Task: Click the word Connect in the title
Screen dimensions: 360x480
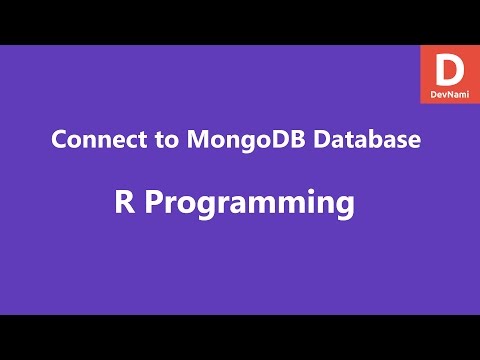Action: (x=91, y=141)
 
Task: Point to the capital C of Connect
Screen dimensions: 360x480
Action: (x=59, y=141)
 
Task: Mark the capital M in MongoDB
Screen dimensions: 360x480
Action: (x=182, y=141)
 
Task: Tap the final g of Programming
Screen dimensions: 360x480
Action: (x=346, y=208)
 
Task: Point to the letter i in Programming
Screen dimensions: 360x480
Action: (x=311, y=204)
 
